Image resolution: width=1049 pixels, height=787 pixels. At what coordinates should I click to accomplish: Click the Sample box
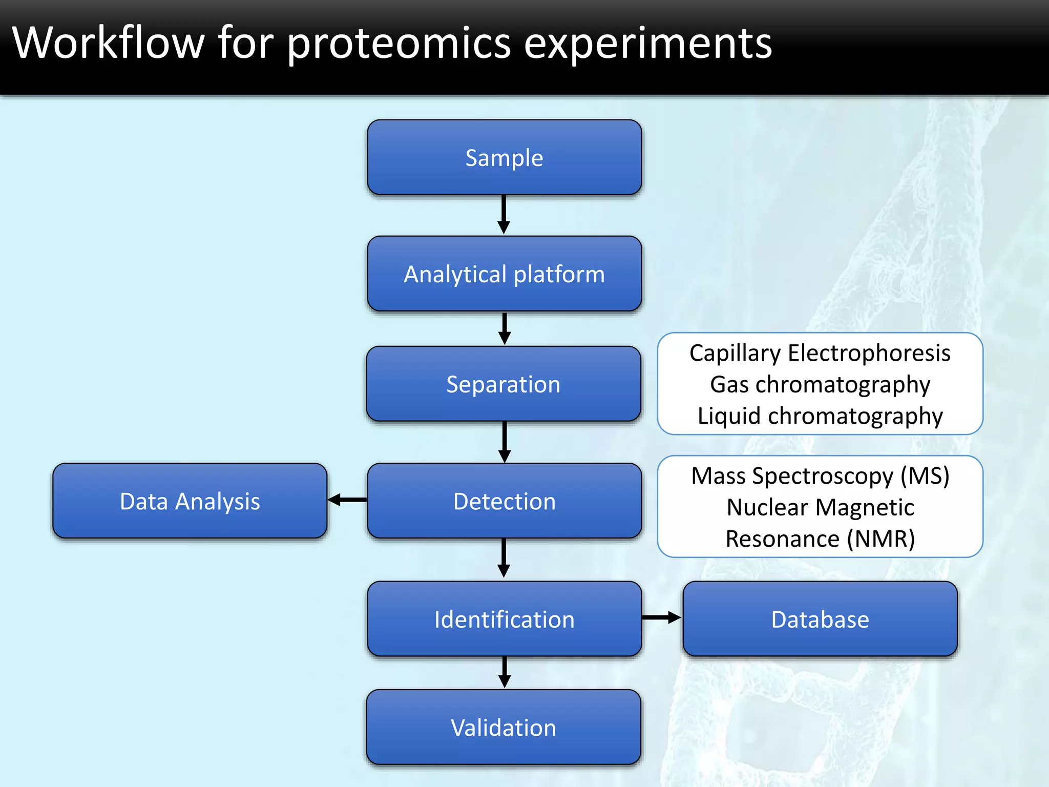click(x=504, y=157)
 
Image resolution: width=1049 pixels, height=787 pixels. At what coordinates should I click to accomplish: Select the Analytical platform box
click(x=504, y=274)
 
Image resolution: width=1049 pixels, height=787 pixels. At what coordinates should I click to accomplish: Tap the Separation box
click(x=503, y=384)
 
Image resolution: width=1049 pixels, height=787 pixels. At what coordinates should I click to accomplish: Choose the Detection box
click(x=504, y=501)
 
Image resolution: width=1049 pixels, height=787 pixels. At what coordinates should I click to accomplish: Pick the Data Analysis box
click(x=190, y=501)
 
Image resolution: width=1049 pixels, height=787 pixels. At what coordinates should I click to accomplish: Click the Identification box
click(x=504, y=618)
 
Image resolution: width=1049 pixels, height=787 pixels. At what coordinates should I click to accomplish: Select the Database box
click(x=820, y=618)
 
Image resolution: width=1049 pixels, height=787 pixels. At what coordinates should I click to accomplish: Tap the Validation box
click(x=503, y=727)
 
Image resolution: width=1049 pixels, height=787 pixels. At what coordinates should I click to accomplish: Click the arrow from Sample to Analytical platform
click(x=504, y=214)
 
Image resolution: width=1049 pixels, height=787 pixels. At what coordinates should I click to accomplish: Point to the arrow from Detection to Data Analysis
click(x=347, y=500)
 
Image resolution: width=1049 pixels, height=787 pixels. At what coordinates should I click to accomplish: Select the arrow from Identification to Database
click(x=661, y=618)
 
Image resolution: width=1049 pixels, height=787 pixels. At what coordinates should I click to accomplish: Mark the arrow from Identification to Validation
click(x=505, y=672)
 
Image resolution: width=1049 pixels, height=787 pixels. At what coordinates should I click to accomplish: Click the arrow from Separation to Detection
click(x=505, y=442)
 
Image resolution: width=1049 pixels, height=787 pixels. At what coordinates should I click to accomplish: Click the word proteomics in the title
click(x=398, y=44)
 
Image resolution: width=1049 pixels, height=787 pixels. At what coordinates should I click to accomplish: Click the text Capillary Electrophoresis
click(x=820, y=353)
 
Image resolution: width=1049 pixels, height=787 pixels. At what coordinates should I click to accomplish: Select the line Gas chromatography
click(x=820, y=384)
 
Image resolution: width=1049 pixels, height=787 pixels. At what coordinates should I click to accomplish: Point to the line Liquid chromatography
click(x=820, y=416)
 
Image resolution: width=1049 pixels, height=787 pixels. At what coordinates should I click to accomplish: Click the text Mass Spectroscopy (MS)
click(x=820, y=476)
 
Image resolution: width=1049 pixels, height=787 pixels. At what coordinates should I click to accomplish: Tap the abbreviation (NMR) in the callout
click(x=880, y=539)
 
